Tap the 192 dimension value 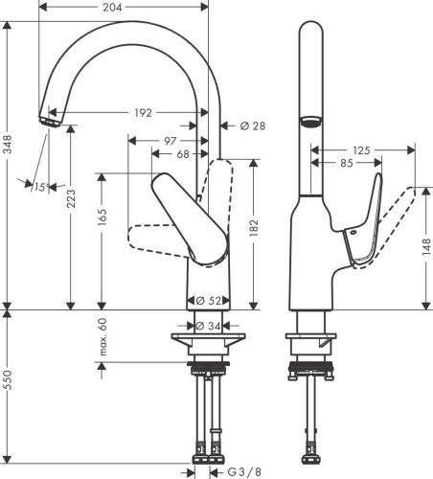coord(143,114)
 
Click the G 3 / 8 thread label coord(246,471)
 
